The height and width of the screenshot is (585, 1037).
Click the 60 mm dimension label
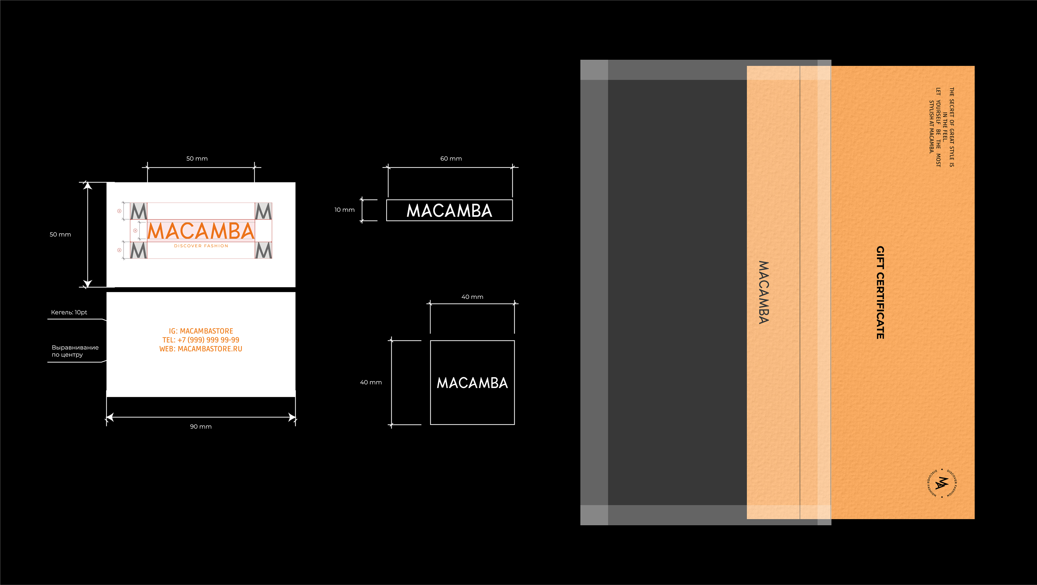click(x=451, y=158)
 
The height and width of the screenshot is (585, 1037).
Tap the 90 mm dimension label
click(x=200, y=427)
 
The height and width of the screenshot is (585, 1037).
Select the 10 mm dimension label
click(x=344, y=209)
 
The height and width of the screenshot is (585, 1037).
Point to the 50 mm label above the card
click(x=197, y=158)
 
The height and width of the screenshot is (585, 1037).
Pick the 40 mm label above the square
click(x=472, y=297)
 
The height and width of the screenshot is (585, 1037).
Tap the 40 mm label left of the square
click(x=371, y=382)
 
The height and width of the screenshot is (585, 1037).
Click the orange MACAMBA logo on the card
click(x=201, y=231)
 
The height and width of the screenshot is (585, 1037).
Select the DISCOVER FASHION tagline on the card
click(x=201, y=246)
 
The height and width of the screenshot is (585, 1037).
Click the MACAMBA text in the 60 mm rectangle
click(x=449, y=210)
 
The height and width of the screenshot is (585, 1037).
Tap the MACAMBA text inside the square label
click(x=472, y=383)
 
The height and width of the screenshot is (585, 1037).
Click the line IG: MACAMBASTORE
click(x=201, y=331)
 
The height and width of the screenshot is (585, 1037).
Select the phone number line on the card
click(x=201, y=340)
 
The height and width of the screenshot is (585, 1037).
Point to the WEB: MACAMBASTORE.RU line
click(x=201, y=349)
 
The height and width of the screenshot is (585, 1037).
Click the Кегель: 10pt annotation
click(x=69, y=312)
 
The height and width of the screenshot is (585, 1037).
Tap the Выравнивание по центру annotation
click(x=75, y=351)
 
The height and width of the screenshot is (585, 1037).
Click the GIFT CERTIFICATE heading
click(x=880, y=293)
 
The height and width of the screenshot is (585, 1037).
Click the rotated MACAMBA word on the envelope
click(x=764, y=293)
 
